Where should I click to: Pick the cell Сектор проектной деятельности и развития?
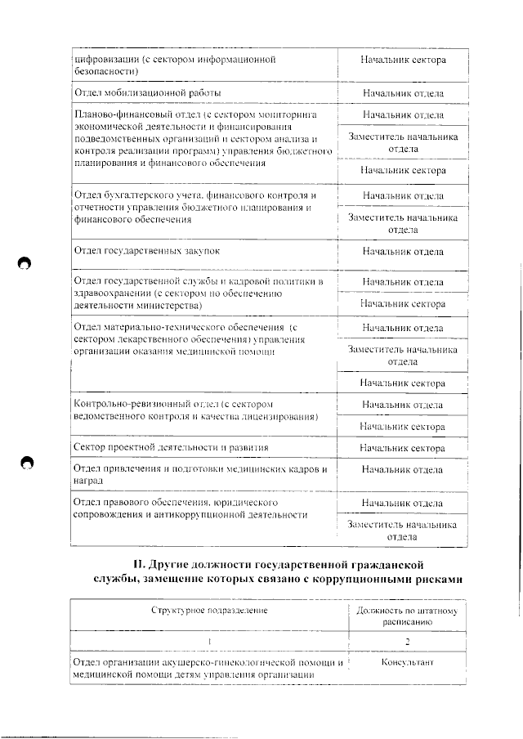(171, 448)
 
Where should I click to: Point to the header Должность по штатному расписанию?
(407, 616)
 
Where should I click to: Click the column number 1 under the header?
(210, 641)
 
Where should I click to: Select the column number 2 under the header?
(407, 641)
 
